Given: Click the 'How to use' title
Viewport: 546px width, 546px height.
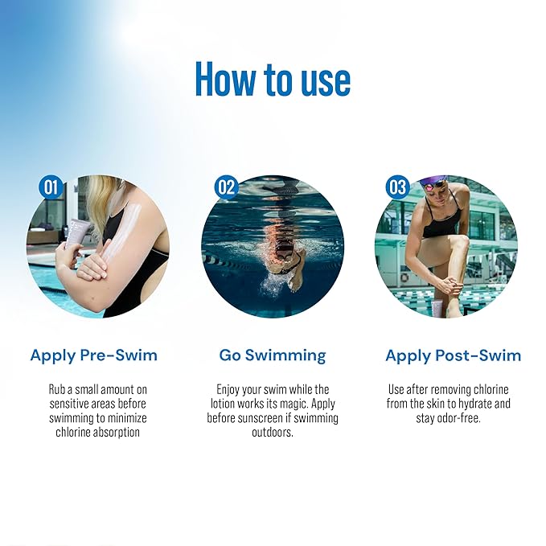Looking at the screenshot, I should pos(273,80).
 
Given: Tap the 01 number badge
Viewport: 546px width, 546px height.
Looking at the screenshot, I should pos(51,188).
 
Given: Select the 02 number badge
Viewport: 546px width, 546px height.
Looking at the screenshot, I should pos(227,188).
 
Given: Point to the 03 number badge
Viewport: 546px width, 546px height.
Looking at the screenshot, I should pos(398,188).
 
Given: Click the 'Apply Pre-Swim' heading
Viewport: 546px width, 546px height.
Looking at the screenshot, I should pos(94,355).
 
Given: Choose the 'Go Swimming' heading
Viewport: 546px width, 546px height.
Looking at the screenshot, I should pos(273,355).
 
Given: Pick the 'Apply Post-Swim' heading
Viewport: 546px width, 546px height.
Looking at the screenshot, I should pos(453,355).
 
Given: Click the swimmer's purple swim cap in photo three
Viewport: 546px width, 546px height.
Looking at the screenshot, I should pos(433,183).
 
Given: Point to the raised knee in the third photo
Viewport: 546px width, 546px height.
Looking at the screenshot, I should pos(460,244).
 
